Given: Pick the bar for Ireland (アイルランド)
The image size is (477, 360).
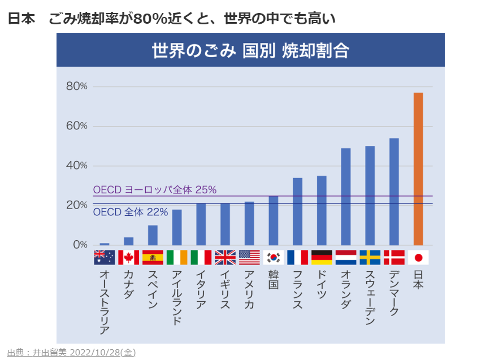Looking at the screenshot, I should pyautogui.click(x=177, y=227).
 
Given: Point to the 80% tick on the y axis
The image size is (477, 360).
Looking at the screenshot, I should pyautogui.click(x=77, y=86).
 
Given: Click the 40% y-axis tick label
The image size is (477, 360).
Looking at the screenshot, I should pyautogui.click(x=77, y=166).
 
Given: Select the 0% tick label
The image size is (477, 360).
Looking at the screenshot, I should pyautogui.click(x=80, y=245).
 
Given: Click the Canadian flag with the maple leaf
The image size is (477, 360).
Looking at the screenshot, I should pyautogui.click(x=128, y=258).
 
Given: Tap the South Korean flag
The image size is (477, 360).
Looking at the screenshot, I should pyautogui.click(x=274, y=258).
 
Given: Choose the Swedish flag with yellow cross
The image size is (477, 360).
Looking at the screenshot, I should pyautogui.click(x=370, y=258).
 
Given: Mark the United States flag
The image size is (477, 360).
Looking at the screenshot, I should pyautogui.click(x=249, y=258).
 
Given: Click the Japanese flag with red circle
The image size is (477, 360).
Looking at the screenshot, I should pyautogui.click(x=418, y=258).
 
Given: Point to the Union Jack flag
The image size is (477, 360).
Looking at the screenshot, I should pyautogui.click(x=225, y=258).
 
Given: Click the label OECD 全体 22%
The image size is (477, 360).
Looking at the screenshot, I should pyautogui.click(x=131, y=212).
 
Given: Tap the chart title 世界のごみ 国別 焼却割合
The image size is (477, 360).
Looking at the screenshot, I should pyautogui.click(x=250, y=50).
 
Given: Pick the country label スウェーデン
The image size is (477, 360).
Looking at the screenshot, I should pyautogui.click(x=370, y=296).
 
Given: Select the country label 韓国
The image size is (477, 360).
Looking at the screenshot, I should pyautogui.click(x=274, y=279).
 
